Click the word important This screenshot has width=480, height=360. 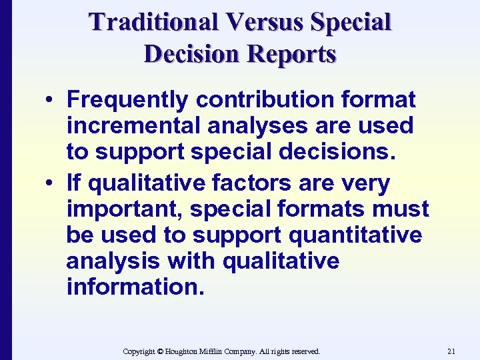(125, 209)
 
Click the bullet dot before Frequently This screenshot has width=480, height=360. (51, 101)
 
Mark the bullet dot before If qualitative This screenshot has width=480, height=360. (51, 183)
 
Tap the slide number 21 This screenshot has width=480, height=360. (451, 351)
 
